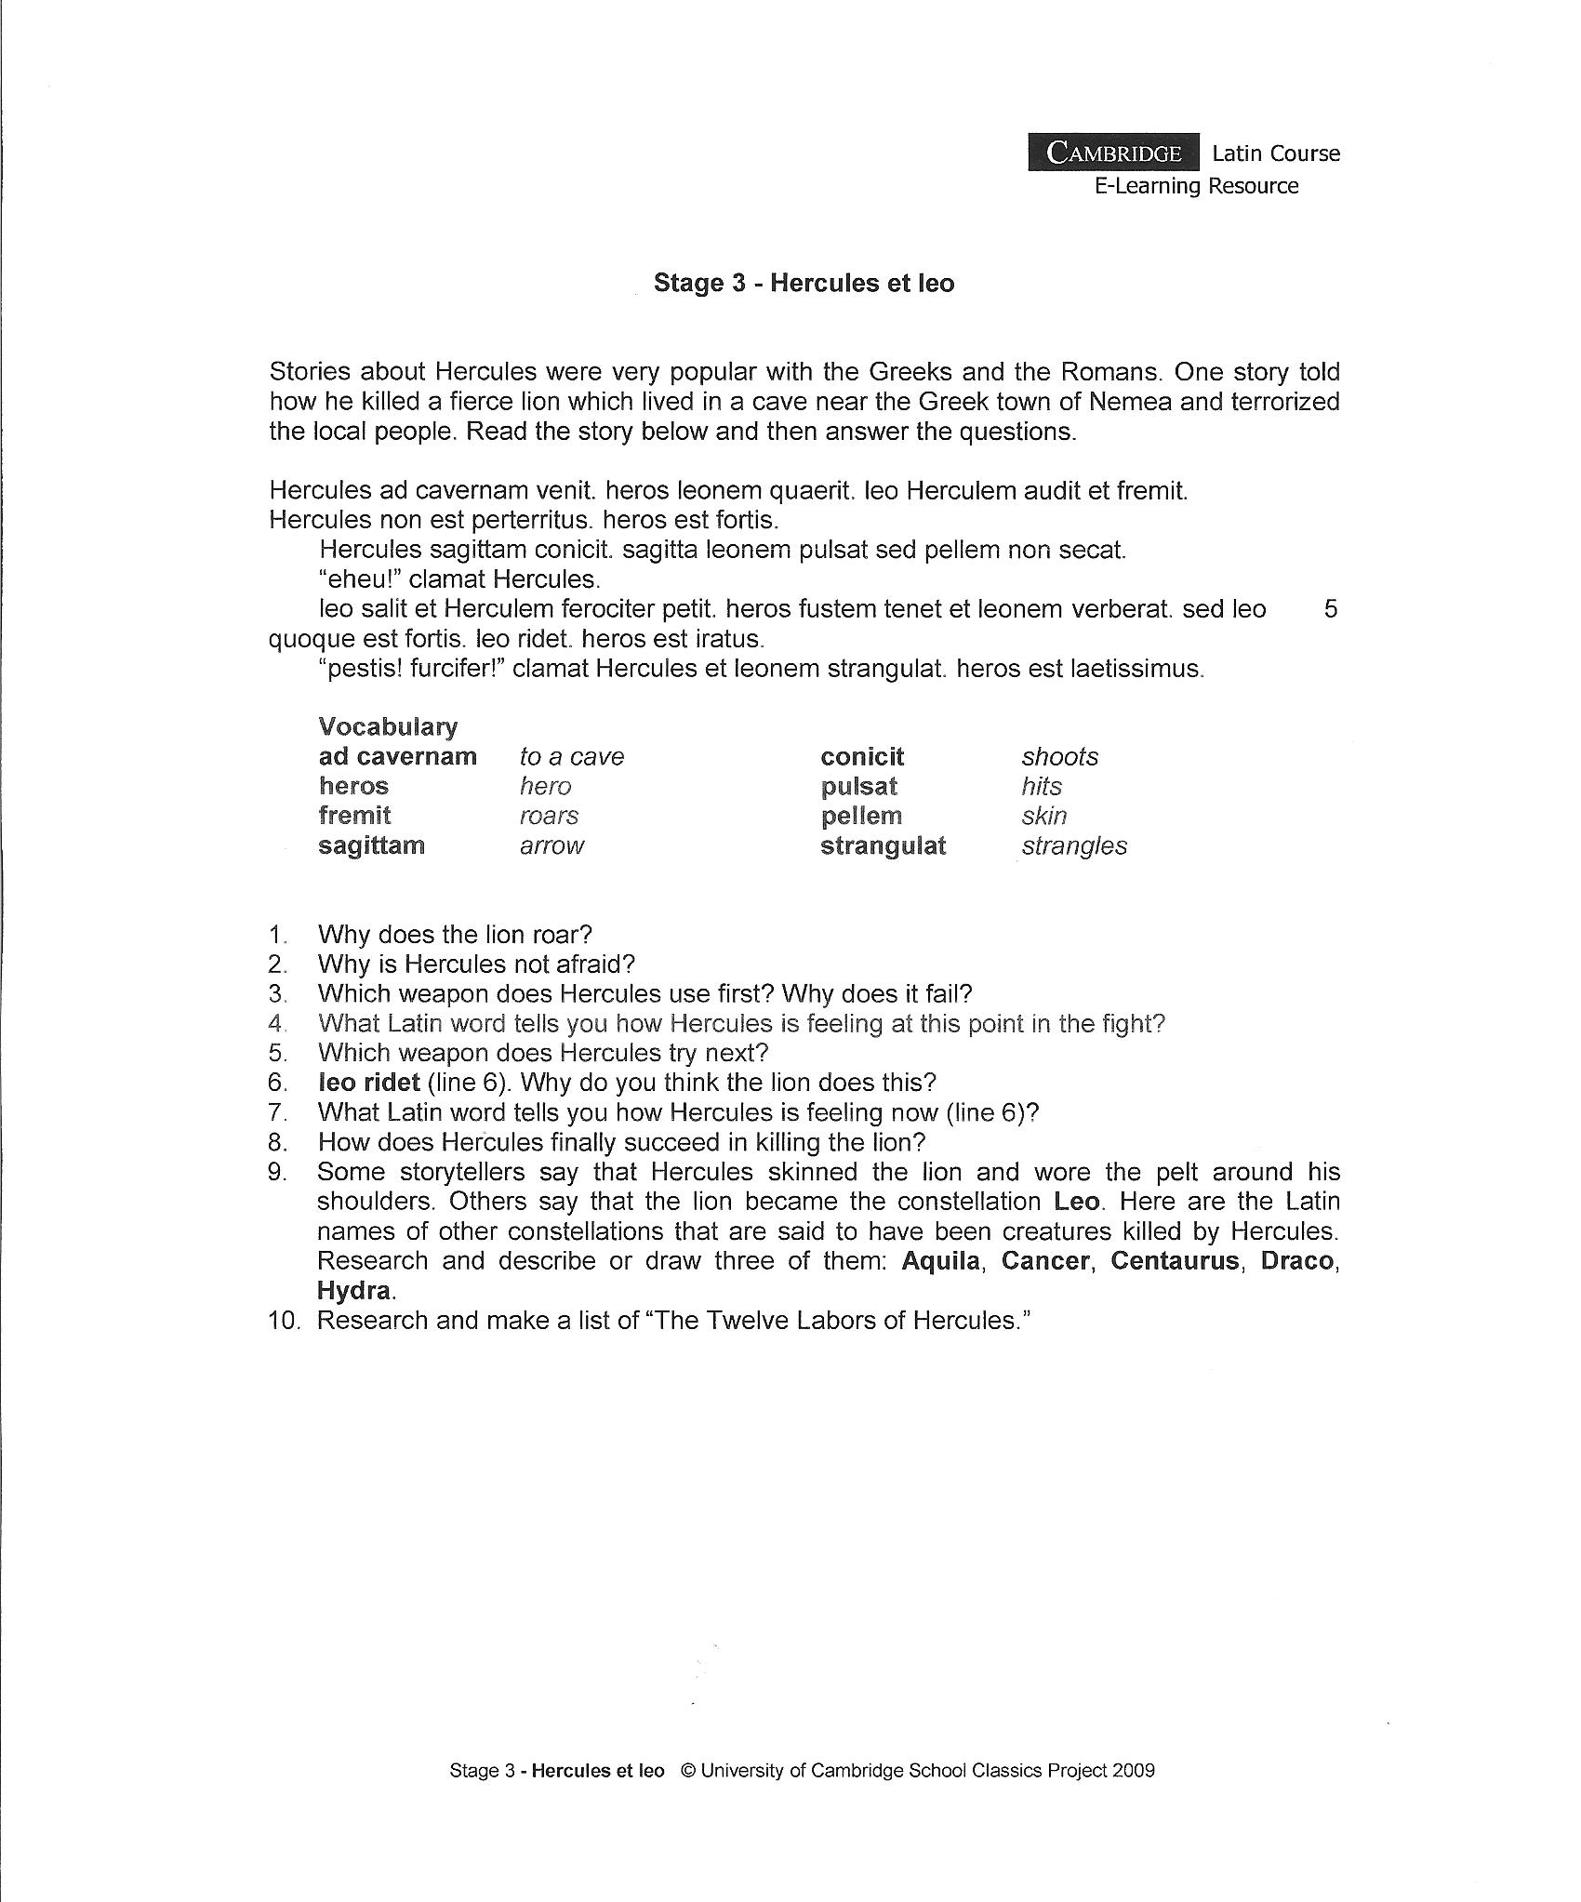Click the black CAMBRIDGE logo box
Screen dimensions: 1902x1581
[x=1113, y=153]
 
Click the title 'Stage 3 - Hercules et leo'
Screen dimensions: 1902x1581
[x=804, y=283]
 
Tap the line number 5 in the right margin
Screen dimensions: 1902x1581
[x=1330, y=609]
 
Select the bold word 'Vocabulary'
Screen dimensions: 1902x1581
[x=388, y=726]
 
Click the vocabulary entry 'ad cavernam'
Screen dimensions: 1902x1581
[x=397, y=756]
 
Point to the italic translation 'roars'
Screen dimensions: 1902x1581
[x=549, y=816]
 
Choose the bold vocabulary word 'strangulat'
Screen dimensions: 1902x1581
[x=883, y=845]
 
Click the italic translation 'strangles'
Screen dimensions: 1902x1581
[x=1074, y=845]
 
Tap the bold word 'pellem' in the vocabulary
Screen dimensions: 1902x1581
[x=861, y=816]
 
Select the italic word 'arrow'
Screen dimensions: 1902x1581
[x=551, y=845]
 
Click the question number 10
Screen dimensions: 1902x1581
[x=283, y=1320]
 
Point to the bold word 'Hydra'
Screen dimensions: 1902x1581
[x=354, y=1290]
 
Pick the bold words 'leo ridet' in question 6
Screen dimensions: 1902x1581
[x=369, y=1082]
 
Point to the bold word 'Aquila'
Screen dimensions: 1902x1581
[x=942, y=1260]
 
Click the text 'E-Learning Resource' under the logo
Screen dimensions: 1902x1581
[x=1196, y=186]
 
